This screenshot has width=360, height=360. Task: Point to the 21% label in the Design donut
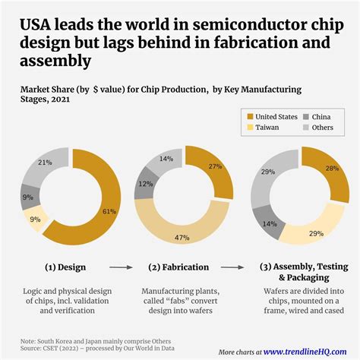point(45,163)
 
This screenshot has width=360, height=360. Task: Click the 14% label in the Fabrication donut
point(165,159)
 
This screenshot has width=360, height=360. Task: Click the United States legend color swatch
point(248,116)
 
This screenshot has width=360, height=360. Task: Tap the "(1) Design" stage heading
point(65,267)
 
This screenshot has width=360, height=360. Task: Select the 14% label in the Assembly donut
point(268,224)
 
